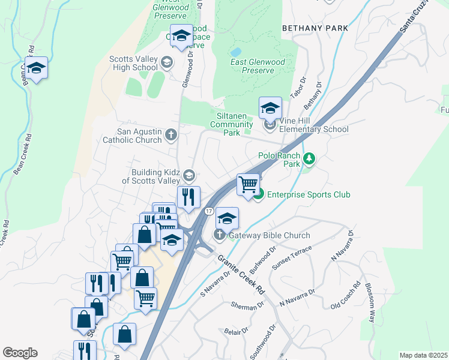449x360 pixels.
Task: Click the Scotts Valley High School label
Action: click(134, 63)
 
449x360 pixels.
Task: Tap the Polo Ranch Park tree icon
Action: click(309, 159)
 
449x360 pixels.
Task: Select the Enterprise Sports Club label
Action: click(309, 194)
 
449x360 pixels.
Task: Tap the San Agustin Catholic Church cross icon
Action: click(171, 135)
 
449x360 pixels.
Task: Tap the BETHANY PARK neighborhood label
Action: click(315, 28)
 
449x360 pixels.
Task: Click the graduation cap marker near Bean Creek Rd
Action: click(36, 68)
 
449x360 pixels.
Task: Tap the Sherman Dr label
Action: click(247, 305)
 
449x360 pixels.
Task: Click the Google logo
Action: click(20, 353)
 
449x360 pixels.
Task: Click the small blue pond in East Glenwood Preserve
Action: click(235, 52)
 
